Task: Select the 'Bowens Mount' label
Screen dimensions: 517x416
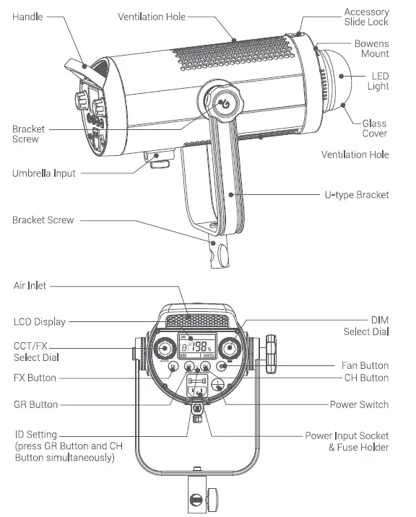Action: pos(371,48)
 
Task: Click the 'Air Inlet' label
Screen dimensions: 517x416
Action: pos(30,286)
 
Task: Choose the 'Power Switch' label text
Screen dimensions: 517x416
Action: pos(359,404)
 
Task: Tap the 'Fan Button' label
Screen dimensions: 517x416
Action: pos(365,365)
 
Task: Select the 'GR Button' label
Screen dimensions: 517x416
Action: pos(35,404)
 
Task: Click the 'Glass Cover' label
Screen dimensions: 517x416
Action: pos(374,129)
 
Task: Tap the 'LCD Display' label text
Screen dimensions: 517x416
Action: pos(40,321)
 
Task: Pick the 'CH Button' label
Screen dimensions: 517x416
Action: pos(365,378)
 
